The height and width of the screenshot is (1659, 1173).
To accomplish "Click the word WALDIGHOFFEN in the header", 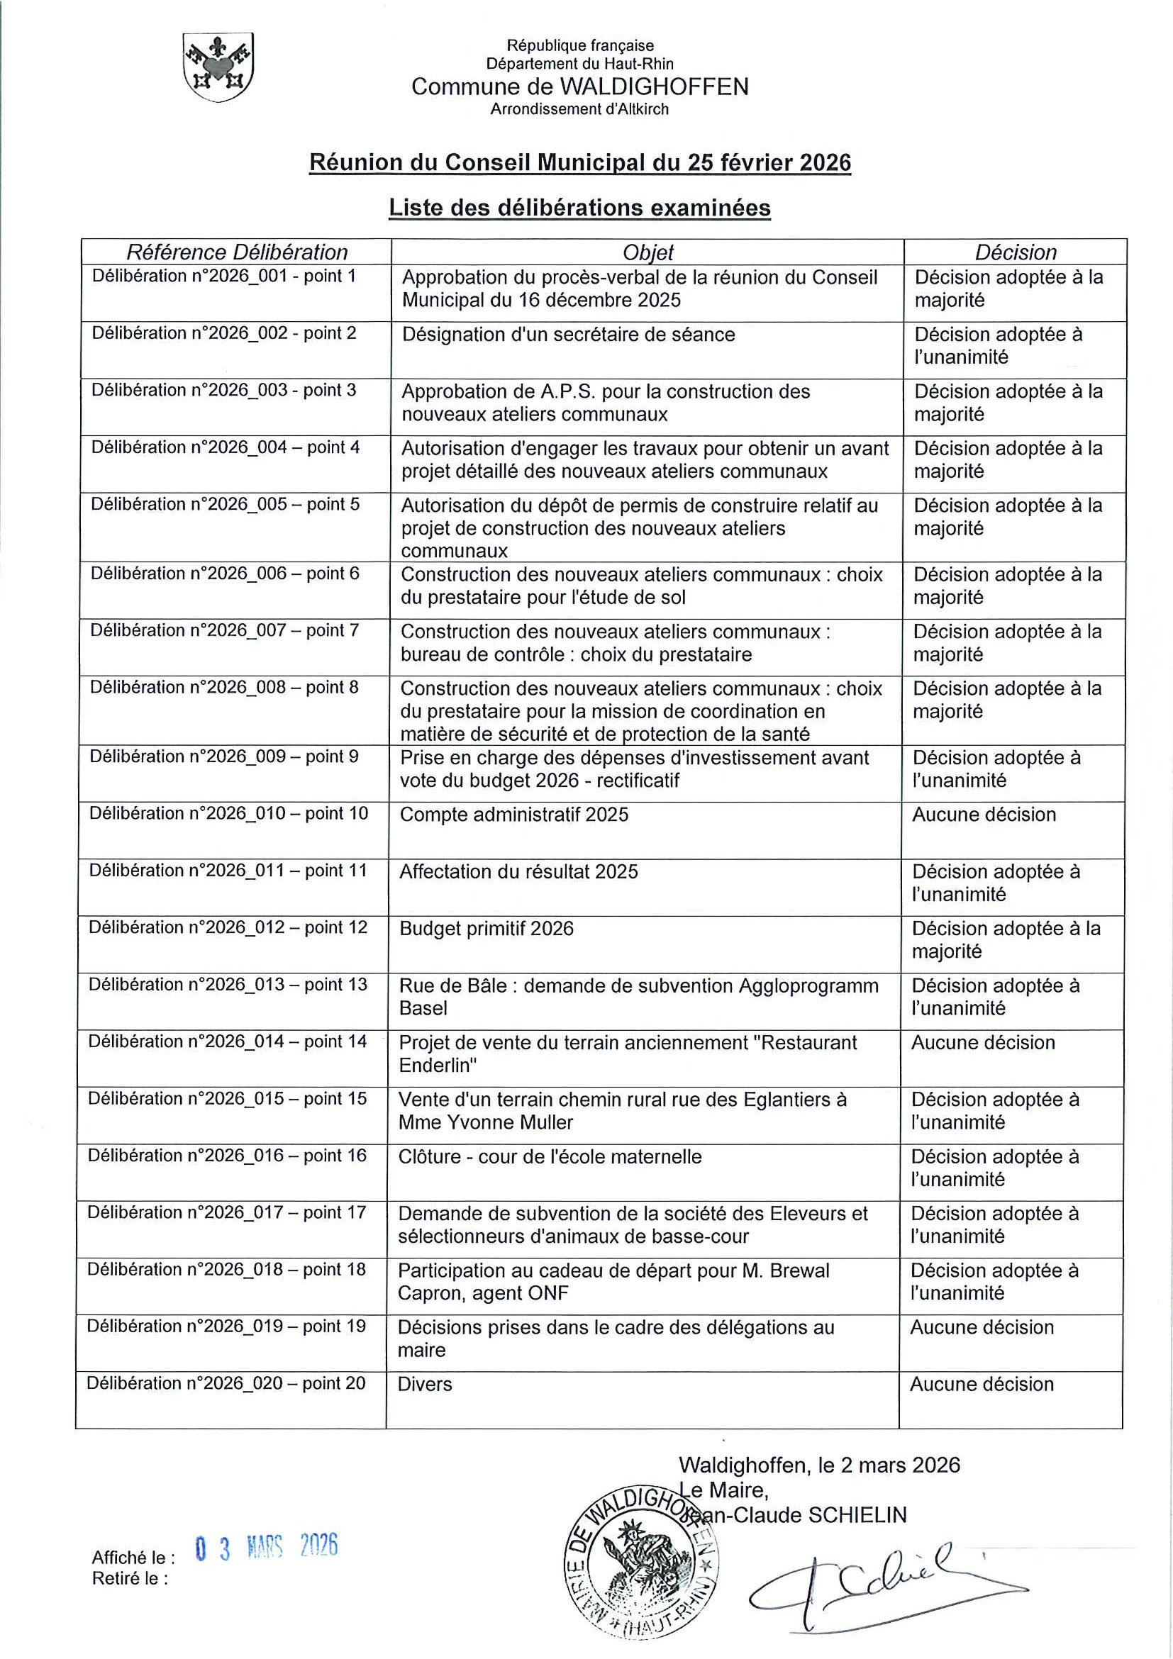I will pyautogui.click(x=654, y=87).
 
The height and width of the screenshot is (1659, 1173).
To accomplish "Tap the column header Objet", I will pyautogui.click(x=647, y=252).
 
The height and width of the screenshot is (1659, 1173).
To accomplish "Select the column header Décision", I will pyautogui.click(x=1015, y=252).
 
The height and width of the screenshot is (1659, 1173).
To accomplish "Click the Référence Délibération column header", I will pyautogui.click(x=237, y=252).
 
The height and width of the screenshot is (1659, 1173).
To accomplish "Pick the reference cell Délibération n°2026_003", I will pyautogui.click(x=223, y=391).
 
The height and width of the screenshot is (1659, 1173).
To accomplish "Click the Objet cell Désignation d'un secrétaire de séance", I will pyautogui.click(x=568, y=335).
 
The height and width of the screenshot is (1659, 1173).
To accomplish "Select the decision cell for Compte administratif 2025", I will pyautogui.click(x=983, y=815).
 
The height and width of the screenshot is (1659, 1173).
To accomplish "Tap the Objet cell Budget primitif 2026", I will pyautogui.click(x=487, y=929).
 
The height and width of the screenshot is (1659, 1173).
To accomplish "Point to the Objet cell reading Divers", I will pyautogui.click(x=425, y=1385).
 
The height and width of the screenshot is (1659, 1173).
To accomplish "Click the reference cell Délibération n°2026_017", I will pyautogui.click(x=226, y=1213).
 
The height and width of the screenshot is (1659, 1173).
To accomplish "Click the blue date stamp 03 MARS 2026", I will pyautogui.click(x=267, y=1547).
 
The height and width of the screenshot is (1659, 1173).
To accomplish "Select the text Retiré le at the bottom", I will pyautogui.click(x=129, y=1579).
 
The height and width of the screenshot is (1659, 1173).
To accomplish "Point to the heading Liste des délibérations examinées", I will pyautogui.click(x=579, y=208).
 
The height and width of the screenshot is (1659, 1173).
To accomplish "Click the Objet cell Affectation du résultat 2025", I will pyautogui.click(x=518, y=872).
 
